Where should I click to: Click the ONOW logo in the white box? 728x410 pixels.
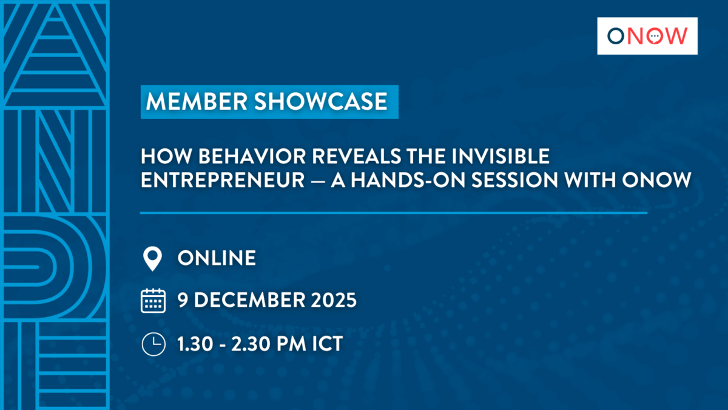click(x=647, y=36)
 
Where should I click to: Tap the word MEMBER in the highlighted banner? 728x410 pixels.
click(x=197, y=101)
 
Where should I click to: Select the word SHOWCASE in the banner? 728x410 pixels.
click(x=321, y=101)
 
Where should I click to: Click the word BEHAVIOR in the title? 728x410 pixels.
click(x=252, y=156)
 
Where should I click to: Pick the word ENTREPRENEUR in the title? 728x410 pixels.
click(x=223, y=180)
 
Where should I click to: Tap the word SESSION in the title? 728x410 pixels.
click(x=515, y=180)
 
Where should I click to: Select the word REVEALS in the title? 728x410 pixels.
click(x=357, y=156)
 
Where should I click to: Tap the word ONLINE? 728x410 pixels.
click(x=217, y=258)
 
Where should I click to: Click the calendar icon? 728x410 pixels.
click(x=153, y=301)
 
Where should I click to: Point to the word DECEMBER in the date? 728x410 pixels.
click(x=249, y=299)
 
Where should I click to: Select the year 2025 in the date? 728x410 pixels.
click(x=334, y=299)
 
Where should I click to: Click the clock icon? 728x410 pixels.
click(x=153, y=344)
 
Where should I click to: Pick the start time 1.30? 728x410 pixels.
click(x=195, y=344)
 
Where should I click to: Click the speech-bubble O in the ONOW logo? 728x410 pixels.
click(x=655, y=36)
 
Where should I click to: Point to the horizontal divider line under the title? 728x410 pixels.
click(x=394, y=213)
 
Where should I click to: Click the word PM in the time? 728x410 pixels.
click(x=291, y=344)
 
